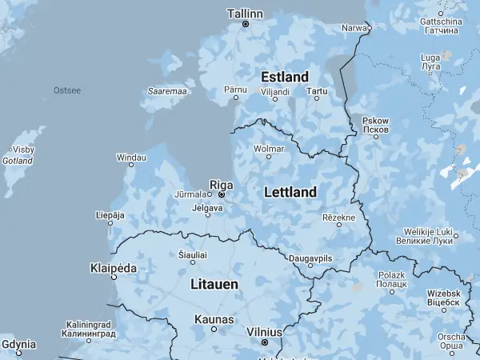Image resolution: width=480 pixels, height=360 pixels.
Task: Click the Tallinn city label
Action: (245, 14)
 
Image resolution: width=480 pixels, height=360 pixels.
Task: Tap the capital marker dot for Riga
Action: (222, 194)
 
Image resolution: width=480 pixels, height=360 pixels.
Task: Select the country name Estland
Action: (285, 77)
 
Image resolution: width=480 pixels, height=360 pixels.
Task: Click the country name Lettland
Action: (290, 192)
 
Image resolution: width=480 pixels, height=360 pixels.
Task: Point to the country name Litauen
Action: (214, 284)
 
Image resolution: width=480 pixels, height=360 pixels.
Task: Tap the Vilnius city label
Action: (264, 332)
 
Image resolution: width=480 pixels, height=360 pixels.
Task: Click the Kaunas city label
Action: (214, 319)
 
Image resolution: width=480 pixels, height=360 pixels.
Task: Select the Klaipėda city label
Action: (114, 268)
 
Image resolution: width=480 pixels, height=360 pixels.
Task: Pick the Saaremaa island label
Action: (167, 91)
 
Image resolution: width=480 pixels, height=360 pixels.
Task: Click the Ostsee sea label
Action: (67, 90)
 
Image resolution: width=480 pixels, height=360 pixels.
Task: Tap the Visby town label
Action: (23, 150)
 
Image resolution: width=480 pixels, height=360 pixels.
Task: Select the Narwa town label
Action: (354, 27)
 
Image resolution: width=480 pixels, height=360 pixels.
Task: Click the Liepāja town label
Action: (110, 214)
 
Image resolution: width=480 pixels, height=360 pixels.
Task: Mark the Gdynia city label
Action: (18, 344)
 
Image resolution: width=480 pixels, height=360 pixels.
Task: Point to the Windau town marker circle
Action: (132, 168)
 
